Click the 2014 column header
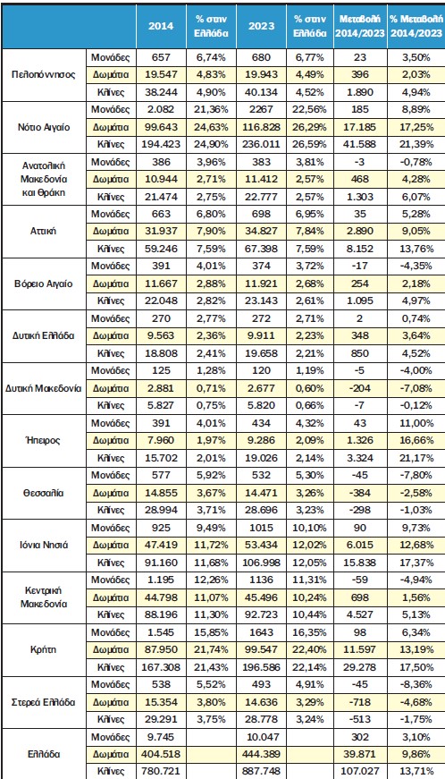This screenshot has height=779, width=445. [161, 26]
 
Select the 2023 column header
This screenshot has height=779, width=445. [262, 26]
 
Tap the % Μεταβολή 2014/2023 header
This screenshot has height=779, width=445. [416, 26]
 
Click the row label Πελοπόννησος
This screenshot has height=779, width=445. [44, 75]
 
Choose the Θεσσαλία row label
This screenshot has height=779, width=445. [44, 494]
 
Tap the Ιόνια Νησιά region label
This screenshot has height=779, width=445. [44, 546]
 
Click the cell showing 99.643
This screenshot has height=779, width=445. [161, 127]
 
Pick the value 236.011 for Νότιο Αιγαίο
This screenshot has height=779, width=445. [262, 144]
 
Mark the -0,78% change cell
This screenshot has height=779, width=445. [416, 162]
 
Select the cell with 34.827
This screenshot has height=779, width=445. [262, 231]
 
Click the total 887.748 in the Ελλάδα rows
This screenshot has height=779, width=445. [262, 770]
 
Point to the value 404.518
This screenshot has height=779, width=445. [161, 753]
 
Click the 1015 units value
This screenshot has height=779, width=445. [262, 529]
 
